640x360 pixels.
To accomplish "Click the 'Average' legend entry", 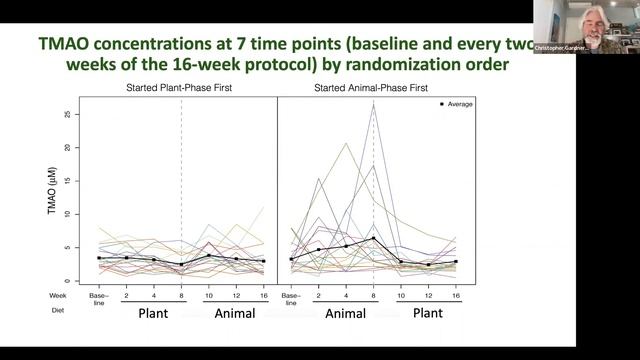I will point(457,104).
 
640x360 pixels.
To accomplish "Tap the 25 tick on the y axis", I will point(67,114).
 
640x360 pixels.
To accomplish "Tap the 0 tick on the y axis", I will point(67,281).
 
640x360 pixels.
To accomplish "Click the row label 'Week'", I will point(57,296).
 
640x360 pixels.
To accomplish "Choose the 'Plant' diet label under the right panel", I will point(428,313).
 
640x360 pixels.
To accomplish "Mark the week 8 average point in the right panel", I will point(372,238).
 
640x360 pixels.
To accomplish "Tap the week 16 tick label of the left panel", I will point(264,296).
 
